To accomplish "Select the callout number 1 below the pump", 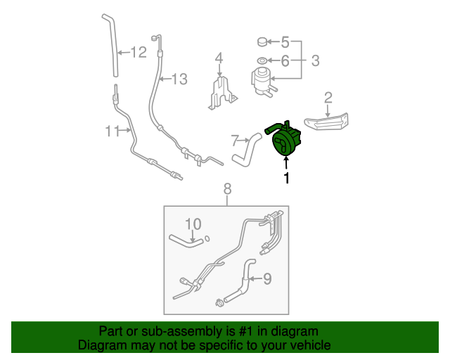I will pyautogui.click(x=286, y=179).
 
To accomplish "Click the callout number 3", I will pyautogui.click(x=219, y=58).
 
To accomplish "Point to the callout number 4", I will pyautogui.click(x=285, y=41).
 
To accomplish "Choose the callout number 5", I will pyautogui.click(x=285, y=61).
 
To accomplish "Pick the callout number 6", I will pyautogui.click(x=235, y=139).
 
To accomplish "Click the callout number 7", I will pyautogui.click(x=227, y=188).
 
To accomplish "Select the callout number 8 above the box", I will pyautogui.click(x=266, y=279).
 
